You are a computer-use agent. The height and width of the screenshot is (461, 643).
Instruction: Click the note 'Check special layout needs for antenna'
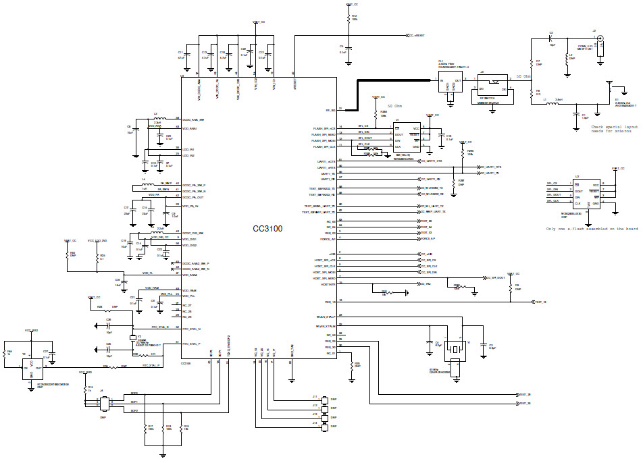click(x=614, y=129)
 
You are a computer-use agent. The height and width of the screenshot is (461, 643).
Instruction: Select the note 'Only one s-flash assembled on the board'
click(x=592, y=229)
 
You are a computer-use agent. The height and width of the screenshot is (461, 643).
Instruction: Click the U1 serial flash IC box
click(x=407, y=136)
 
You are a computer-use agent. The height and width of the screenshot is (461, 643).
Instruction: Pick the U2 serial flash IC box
click(x=586, y=192)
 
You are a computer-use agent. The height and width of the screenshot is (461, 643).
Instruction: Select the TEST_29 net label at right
click(x=523, y=394)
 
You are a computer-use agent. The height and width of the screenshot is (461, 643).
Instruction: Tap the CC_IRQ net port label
click(x=424, y=285)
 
